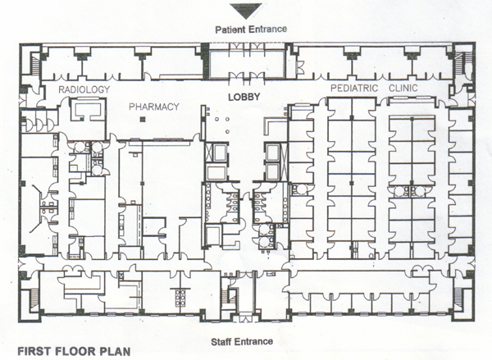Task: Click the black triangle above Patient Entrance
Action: [246, 10]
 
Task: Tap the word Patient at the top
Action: [230, 30]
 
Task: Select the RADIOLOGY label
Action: [84, 89]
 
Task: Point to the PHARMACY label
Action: [154, 107]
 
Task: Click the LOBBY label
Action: [244, 97]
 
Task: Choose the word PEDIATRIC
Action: [354, 89]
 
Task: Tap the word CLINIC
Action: [403, 88]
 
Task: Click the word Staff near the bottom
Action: [221, 342]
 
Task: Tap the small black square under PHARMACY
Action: [143, 119]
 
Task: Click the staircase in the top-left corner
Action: [36, 63]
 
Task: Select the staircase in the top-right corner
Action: [467, 63]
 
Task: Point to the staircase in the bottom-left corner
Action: [35, 300]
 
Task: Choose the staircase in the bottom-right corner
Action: [458, 300]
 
